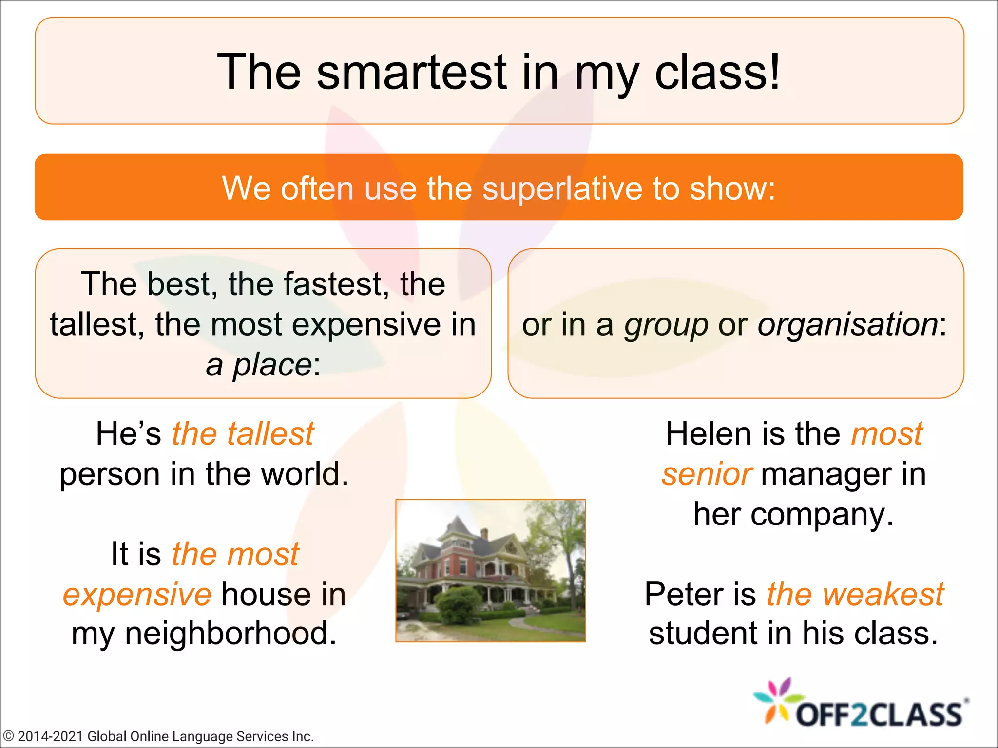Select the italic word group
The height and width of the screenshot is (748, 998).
point(666,325)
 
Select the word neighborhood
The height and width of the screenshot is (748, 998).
point(230,634)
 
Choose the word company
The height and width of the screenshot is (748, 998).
point(822,514)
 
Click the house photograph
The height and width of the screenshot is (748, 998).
point(490,570)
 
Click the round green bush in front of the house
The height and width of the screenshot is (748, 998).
point(458,605)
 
